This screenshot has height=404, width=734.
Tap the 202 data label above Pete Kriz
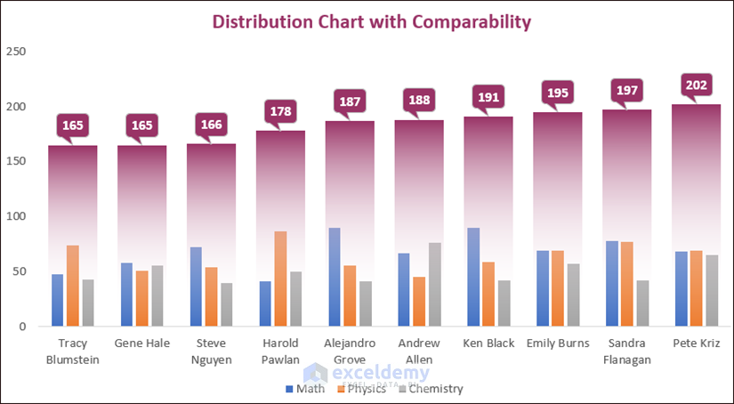point(697,86)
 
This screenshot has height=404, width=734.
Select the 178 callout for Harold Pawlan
point(280,112)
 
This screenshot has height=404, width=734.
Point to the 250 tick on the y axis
point(15,52)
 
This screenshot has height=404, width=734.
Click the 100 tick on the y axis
point(15,216)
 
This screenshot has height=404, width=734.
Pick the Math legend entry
point(306,389)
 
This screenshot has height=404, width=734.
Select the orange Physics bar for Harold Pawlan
point(280,279)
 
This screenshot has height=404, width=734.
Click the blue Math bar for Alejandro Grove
point(334,277)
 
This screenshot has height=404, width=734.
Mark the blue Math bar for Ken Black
point(472,277)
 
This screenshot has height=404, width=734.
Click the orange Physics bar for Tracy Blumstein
point(72,286)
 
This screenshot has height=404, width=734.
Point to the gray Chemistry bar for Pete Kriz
point(713,290)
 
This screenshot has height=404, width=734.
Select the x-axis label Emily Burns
point(557,343)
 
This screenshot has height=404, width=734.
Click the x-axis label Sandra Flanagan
point(626,351)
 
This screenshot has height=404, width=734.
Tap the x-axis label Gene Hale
point(141,343)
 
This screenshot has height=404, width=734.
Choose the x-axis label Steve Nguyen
point(211,351)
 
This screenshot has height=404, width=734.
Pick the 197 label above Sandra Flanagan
point(627,91)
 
